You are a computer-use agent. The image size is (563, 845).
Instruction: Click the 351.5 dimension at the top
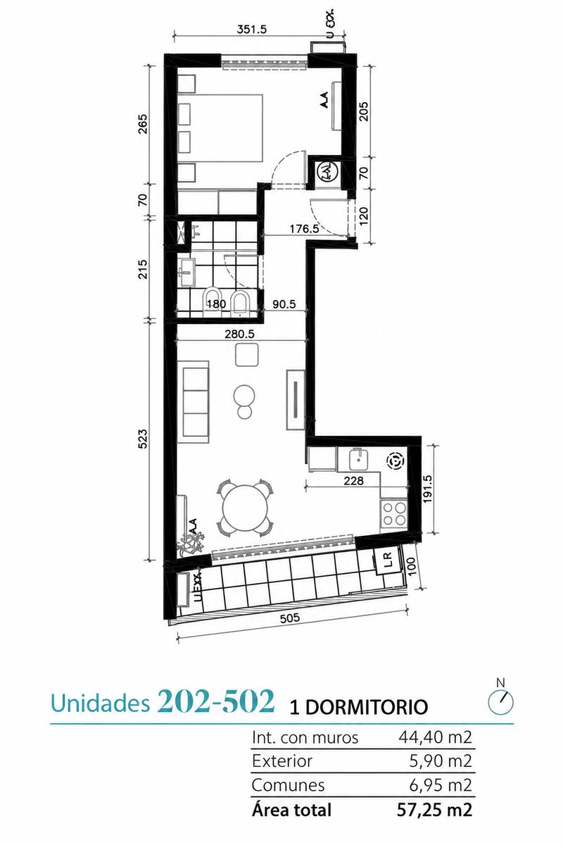[x=251, y=30]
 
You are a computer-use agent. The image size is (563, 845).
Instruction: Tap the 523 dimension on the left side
[x=144, y=439]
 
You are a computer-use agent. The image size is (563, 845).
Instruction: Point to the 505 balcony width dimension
[x=291, y=618]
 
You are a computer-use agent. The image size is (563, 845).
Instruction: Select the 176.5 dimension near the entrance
[x=304, y=229]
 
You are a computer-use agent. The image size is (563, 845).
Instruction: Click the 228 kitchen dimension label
[x=354, y=480]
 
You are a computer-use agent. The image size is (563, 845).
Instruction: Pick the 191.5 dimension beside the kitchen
[x=427, y=489]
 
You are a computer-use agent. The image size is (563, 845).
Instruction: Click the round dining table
[x=245, y=508]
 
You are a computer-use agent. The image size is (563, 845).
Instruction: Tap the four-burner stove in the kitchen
[x=394, y=515]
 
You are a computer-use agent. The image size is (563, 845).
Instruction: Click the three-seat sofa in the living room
[x=193, y=402]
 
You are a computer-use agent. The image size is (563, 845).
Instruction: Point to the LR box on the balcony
[x=387, y=561]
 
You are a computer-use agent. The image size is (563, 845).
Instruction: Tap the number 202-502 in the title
[x=216, y=700]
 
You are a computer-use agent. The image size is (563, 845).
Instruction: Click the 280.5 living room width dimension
[x=240, y=334]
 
